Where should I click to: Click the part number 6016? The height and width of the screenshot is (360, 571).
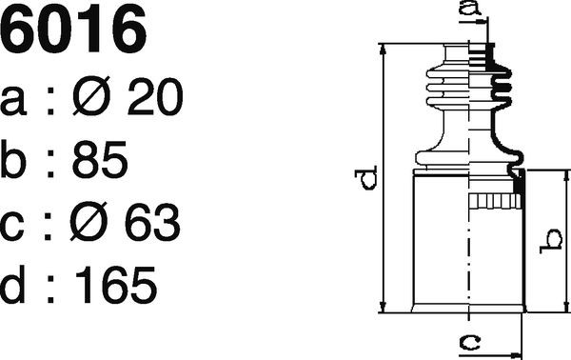[x=73, y=30]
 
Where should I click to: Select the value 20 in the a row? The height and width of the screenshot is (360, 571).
[x=155, y=96]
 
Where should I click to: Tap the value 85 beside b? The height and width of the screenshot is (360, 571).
[x=100, y=159]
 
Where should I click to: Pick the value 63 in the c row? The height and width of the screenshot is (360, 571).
[x=152, y=222]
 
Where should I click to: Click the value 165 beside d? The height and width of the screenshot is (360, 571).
[x=116, y=285]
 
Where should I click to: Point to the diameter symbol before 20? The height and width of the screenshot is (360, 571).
[x=91, y=96]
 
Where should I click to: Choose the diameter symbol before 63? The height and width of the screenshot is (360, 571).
[x=89, y=221]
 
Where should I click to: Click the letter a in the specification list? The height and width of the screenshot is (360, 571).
[x=13, y=102]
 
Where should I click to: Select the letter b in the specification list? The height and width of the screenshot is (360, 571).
[x=13, y=159]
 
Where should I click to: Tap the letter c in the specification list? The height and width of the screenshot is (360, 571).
[x=12, y=227]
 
